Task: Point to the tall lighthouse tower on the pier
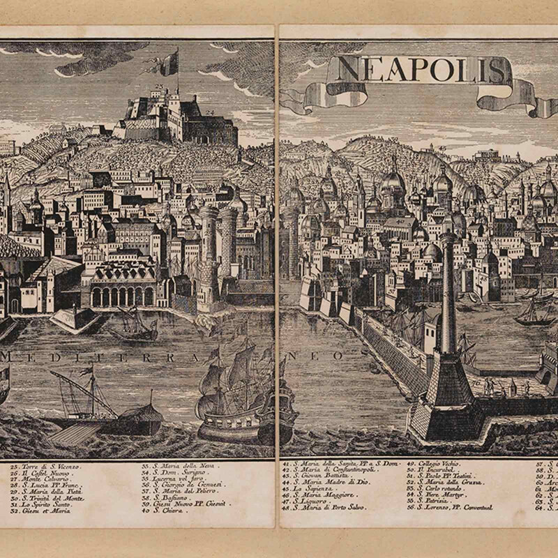pos(447,293)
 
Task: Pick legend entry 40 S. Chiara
pos(167,510)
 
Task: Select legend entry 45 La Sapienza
pos(310,488)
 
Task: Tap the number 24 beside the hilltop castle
pos(209,112)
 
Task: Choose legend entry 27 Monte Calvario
pos(43,478)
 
